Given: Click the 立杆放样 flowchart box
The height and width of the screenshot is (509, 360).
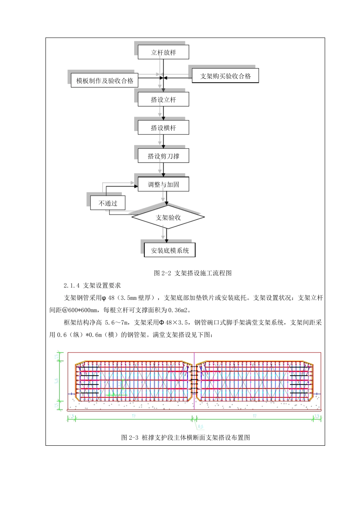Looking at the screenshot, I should point(163,52).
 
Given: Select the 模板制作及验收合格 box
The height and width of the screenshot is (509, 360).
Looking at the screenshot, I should point(105,81).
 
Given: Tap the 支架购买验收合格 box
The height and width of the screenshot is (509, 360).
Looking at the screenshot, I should point(225,76).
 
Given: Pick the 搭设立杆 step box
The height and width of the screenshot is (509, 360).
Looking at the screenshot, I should point(163,100).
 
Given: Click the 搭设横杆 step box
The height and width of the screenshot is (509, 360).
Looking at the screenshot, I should point(163,128).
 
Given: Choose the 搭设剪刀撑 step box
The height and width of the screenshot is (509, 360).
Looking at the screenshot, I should point(163,156).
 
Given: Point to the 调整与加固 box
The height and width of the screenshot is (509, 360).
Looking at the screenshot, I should point(163,184).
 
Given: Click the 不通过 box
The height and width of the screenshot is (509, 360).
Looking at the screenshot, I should point(108,203).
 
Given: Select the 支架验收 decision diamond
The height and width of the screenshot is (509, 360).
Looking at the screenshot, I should point(168,217).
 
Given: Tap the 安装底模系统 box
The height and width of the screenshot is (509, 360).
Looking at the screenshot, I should point(170,250).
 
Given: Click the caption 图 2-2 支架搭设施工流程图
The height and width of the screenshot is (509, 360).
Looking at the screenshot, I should point(193,273).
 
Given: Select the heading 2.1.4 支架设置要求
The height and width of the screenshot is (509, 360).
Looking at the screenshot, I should point(92,286).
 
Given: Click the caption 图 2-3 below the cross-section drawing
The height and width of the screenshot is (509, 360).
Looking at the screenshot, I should point(185,437).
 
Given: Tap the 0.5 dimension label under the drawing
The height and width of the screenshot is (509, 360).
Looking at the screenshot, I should point(200,427).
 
